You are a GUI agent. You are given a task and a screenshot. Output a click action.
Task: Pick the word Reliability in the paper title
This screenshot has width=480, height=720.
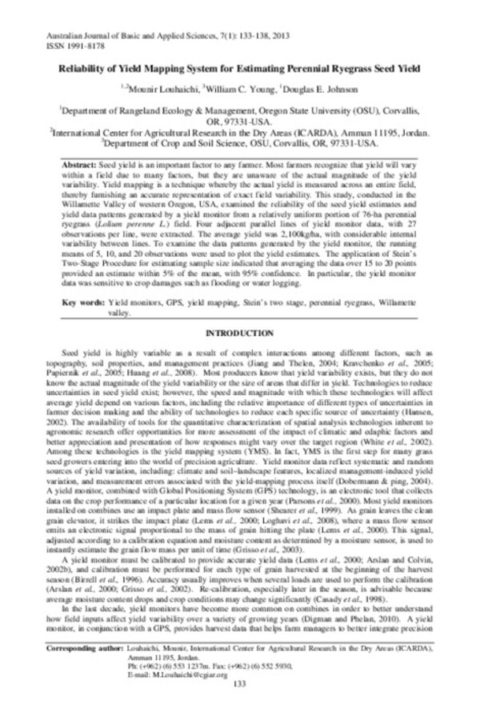[x=83, y=70]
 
